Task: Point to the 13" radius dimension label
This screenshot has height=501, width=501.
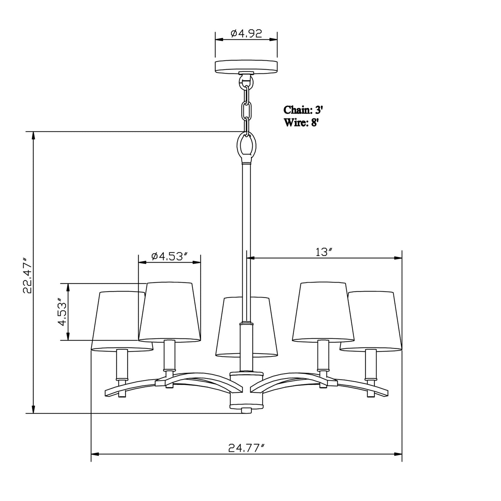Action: (x=324, y=252)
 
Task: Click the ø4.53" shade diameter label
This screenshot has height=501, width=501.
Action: (x=170, y=256)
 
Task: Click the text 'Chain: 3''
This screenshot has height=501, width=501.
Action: (x=303, y=110)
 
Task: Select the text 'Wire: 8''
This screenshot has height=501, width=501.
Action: (x=301, y=123)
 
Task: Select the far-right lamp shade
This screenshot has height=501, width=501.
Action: (x=376, y=321)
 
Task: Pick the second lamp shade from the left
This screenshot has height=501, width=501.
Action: (x=170, y=312)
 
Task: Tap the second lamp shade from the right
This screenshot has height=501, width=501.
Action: (x=323, y=312)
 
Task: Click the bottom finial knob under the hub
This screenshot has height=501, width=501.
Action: (x=246, y=411)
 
